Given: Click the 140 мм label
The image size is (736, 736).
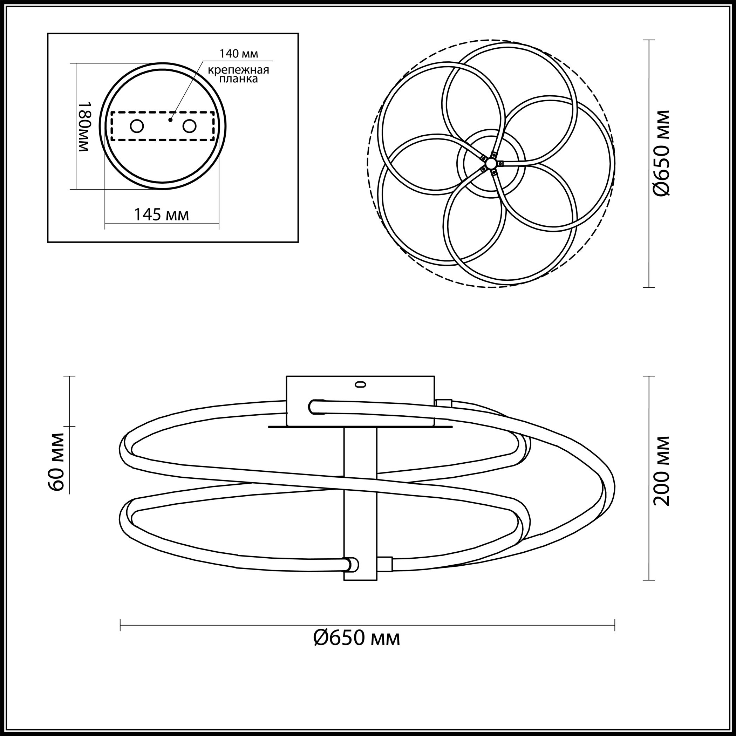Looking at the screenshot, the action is point(238,54).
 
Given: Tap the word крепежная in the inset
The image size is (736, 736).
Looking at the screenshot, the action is point(238,70).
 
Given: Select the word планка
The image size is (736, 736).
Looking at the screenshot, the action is point(238,79).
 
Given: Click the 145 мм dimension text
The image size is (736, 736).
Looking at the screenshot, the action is point(162,215).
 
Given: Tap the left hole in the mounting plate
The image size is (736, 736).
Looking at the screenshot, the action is point(136,126).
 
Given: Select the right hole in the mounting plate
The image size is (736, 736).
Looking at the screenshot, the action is point(189,126).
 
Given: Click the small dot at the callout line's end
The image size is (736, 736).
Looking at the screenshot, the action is point(171,120).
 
